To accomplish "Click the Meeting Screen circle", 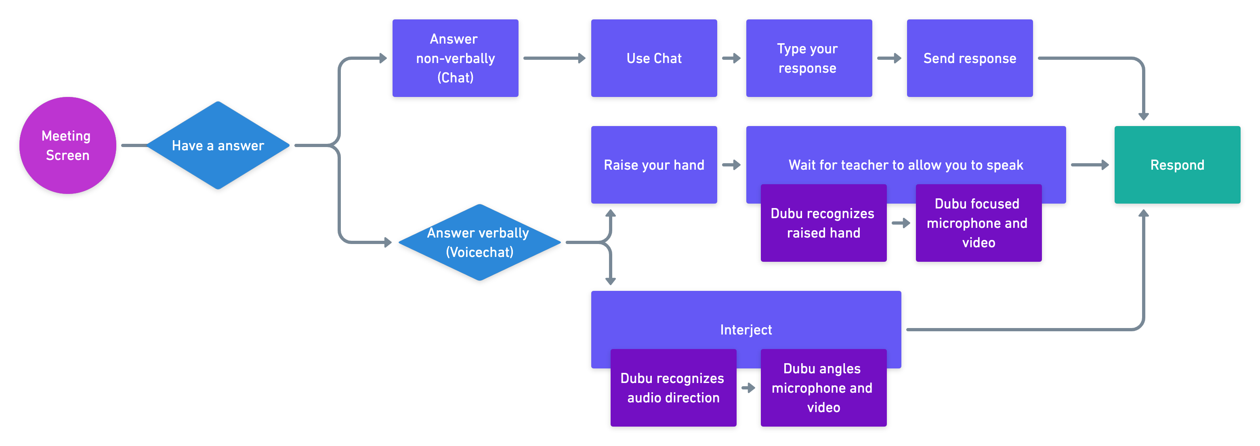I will coord(67,145).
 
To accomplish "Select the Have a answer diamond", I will coord(218,145).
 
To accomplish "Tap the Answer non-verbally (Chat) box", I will coord(455,58).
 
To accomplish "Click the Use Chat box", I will coord(653,58).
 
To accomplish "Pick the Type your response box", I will coord(808,58).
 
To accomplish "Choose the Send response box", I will coord(970,58).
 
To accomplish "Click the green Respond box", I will coord(1177,165).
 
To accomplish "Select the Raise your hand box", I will coord(653,165).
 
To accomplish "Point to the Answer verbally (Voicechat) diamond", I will coord(479,242).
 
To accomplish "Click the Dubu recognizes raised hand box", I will coord(823,223).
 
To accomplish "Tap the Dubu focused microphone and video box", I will coord(978,223).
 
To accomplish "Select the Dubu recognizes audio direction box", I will coord(673,388).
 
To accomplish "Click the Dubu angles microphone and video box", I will coord(823,388).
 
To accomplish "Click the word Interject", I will coord(745,330).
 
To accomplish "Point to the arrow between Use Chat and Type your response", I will coord(731,58).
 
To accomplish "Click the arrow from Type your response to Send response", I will coord(889,58).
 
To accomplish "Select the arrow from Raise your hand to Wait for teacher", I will coord(731,165).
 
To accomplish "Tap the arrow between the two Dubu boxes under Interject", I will coord(748,388).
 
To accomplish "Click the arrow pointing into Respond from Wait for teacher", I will coord(1090,165).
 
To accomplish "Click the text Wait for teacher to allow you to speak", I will coord(905,165).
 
